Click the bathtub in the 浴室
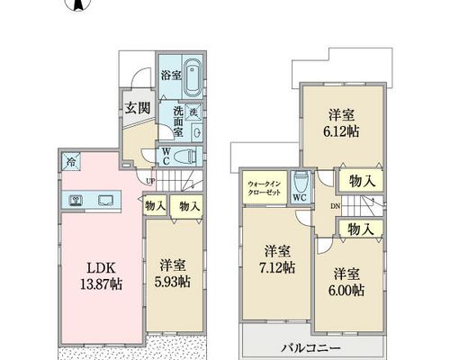pos(193,77)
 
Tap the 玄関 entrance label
pos(138,108)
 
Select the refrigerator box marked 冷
pos(71,162)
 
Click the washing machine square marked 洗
pos(193,112)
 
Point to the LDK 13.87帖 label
pos(101,275)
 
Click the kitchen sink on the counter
pos(105,201)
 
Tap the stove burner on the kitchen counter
pos(76,201)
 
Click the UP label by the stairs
pos(150,181)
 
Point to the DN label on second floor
pos(336,206)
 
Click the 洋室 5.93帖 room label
pos(173,274)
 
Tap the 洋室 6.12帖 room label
pos(341,123)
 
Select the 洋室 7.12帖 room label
pos(277,259)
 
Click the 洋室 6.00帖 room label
pos(346,283)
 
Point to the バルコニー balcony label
pos(310,348)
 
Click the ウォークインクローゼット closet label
pos(264,188)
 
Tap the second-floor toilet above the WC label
pos(300,182)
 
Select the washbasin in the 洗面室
pos(197,132)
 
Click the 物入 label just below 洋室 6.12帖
pos(362,181)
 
